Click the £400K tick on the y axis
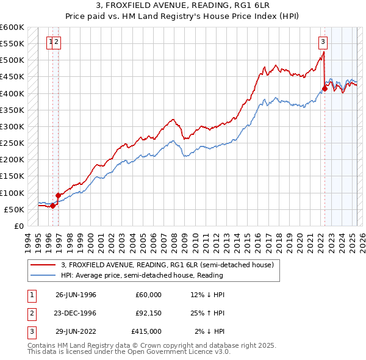tap(13, 93)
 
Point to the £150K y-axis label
tap(13, 176)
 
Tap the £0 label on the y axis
tap(18, 226)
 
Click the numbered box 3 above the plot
tap(323, 42)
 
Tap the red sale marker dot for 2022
tap(325, 88)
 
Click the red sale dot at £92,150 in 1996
tap(59, 195)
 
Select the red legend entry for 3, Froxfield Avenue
tap(171, 265)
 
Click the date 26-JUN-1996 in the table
tap(76, 295)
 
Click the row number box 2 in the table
tap(30, 313)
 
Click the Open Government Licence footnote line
tap(129, 352)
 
